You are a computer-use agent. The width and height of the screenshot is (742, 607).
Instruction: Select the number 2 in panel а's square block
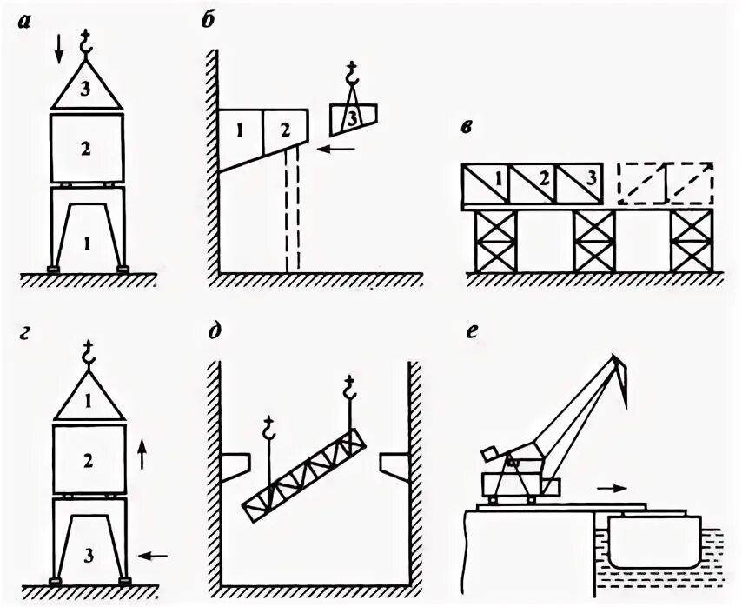pyautogui.click(x=85, y=149)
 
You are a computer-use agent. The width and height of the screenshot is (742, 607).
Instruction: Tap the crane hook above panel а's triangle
pyautogui.click(x=86, y=41)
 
